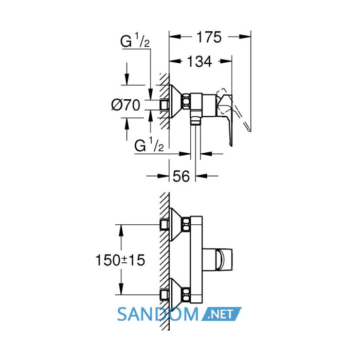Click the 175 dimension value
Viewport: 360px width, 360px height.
[x=209, y=37]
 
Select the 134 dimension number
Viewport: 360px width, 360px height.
[x=200, y=62]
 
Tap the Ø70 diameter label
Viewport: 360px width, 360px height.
[x=125, y=105]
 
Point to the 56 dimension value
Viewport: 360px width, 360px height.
[x=181, y=176]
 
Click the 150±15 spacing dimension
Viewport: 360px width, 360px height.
[x=120, y=260]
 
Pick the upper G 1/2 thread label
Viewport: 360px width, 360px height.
[x=135, y=41]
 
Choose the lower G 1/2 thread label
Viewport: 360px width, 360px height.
[x=149, y=145]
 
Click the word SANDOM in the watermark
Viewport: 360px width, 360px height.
[x=158, y=314]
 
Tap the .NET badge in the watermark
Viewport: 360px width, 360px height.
[x=221, y=314]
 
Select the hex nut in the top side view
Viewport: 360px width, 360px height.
[x=186, y=101]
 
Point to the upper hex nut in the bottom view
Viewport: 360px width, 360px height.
[x=186, y=224]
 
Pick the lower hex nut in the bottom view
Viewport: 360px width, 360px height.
[x=186, y=294]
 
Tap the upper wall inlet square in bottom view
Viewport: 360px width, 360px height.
[x=164, y=224]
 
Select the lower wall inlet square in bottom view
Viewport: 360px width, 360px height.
[x=164, y=295]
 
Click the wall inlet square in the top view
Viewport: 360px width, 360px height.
[x=164, y=105]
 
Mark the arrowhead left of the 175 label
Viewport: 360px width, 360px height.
[x=175, y=37]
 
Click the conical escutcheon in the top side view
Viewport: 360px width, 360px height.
[x=176, y=101]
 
